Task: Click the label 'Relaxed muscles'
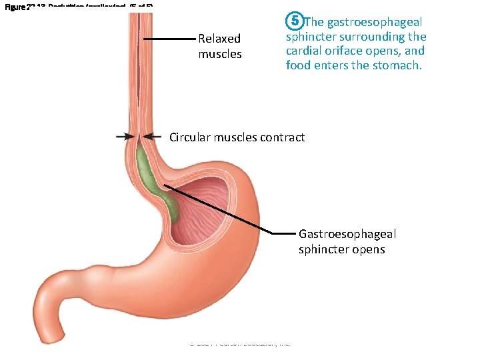[219, 46]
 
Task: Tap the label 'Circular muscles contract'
[237, 137]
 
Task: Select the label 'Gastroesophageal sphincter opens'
[347, 241]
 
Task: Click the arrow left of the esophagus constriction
[125, 137]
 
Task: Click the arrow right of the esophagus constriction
[153, 137]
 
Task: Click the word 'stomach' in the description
[397, 65]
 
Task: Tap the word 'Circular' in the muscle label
[189, 137]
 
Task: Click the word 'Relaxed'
[219, 39]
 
